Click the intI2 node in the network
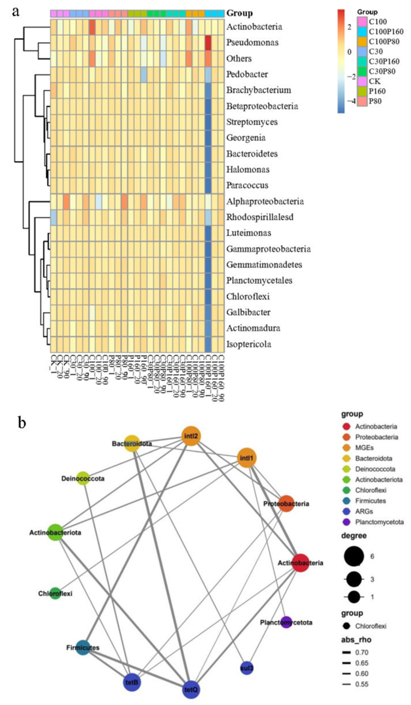pos(191,436)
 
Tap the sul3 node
pos(247,668)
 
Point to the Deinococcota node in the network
pos(83,478)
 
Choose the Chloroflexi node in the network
pos(55,593)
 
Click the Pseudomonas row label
pos(252,42)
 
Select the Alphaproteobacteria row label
pos(265,201)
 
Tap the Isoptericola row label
pos(249,344)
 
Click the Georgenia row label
pos(246,138)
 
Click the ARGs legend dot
pos(346,511)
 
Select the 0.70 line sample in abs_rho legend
pos(347,652)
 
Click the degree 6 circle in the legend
pos(354,556)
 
